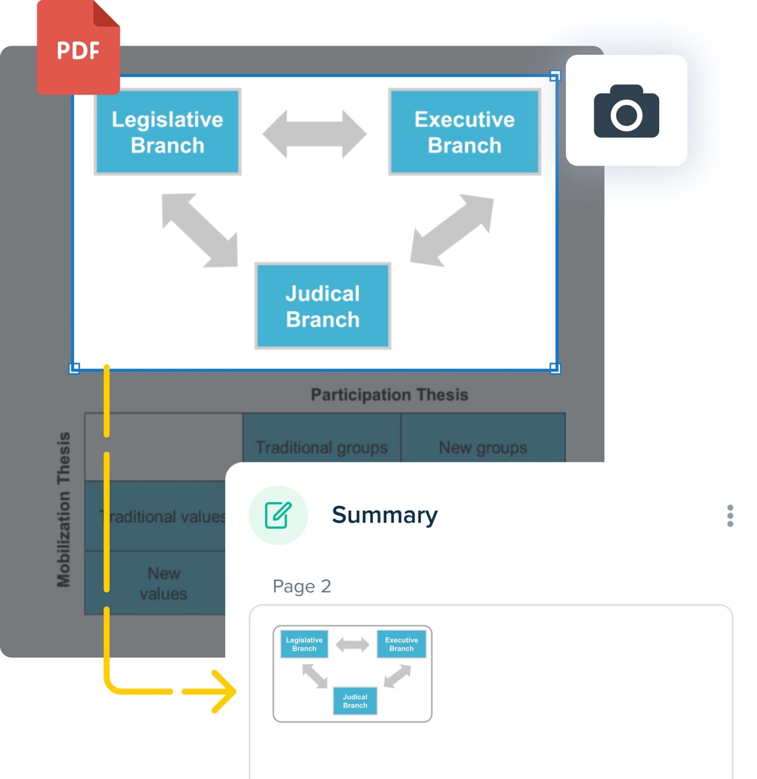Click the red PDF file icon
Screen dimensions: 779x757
(78, 48)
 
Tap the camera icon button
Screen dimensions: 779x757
(626, 111)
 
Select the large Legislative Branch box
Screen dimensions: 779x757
(167, 132)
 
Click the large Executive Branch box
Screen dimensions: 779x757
(464, 132)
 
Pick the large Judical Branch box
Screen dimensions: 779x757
(322, 306)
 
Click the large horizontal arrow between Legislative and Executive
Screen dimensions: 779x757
(314, 134)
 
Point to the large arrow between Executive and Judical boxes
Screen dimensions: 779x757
(451, 230)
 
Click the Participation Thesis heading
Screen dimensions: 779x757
(389, 395)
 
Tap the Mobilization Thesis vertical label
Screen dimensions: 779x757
(64, 509)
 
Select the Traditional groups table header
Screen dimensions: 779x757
(321, 447)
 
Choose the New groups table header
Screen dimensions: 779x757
(483, 447)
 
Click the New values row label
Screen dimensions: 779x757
(163, 583)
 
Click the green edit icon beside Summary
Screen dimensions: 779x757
(278, 515)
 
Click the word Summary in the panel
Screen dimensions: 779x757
(384, 515)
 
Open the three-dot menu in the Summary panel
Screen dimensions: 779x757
(730, 516)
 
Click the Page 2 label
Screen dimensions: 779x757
(302, 586)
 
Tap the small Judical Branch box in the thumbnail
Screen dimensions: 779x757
(355, 701)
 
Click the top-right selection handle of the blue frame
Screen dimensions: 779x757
(555, 76)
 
